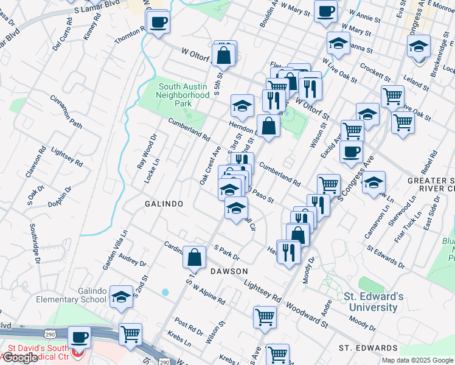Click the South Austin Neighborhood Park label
click(x=183, y=95)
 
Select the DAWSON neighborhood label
click(x=229, y=270)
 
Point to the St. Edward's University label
click(x=373, y=302)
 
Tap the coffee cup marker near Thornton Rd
click(x=158, y=23)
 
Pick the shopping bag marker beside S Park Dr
click(x=194, y=258)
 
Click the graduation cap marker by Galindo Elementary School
click(x=122, y=297)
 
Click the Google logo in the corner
click(x=21, y=357)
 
